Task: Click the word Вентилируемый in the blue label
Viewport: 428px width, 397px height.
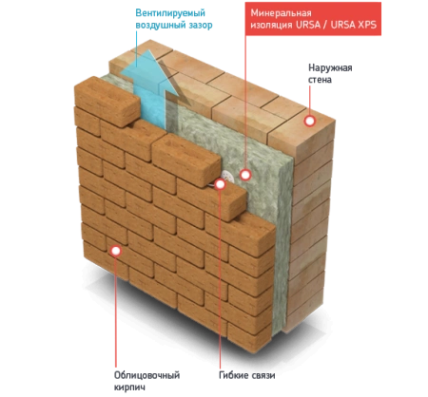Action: click(x=170, y=13)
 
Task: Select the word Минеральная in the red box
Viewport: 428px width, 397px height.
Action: click(x=281, y=13)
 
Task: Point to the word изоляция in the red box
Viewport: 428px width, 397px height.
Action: click(x=271, y=25)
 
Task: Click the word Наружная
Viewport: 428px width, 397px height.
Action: click(x=330, y=67)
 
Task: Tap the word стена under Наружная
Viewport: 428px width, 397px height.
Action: click(x=320, y=80)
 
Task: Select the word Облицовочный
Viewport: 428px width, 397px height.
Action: click(x=146, y=375)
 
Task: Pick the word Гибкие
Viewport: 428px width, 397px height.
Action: click(x=233, y=375)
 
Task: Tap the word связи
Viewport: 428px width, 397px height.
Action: click(x=263, y=376)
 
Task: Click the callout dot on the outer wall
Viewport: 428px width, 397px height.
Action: click(x=310, y=121)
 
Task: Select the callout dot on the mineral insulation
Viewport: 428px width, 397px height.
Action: click(x=245, y=175)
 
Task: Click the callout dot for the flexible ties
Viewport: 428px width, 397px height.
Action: click(x=220, y=184)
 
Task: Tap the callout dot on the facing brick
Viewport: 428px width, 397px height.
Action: click(x=116, y=251)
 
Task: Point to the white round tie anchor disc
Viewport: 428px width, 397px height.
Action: click(x=228, y=176)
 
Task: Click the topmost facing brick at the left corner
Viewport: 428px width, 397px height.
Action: click(x=107, y=101)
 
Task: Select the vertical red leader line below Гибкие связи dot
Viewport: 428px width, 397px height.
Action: click(x=220, y=278)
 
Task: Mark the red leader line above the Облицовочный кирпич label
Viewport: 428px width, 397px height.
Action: click(x=116, y=312)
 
